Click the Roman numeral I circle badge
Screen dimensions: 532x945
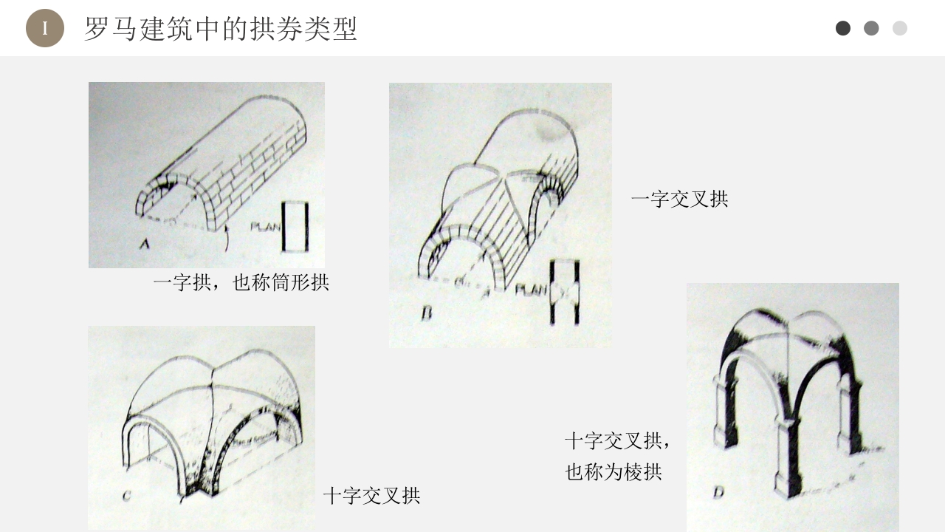click(x=44, y=29)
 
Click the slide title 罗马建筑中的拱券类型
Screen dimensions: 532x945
click(x=220, y=29)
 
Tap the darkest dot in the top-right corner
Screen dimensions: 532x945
click(x=842, y=28)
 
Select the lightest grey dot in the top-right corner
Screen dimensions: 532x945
click(x=899, y=28)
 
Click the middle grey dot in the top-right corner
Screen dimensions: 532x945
click(x=871, y=28)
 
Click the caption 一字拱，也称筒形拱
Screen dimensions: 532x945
click(x=241, y=282)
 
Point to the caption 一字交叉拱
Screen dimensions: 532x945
click(x=679, y=199)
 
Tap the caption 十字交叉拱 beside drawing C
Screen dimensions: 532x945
click(x=371, y=496)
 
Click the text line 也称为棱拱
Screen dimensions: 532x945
click(x=614, y=472)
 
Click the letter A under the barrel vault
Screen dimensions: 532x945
click(x=145, y=243)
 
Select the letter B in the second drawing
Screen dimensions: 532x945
click(x=426, y=314)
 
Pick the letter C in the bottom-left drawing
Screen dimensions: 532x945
click(x=126, y=495)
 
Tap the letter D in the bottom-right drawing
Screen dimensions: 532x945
click(x=718, y=493)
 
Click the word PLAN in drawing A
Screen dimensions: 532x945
click(x=266, y=227)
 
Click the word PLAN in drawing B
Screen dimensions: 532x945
click(x=531, y=290)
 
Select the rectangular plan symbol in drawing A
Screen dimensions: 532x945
click(x=295, y=226)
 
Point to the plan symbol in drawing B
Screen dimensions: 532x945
click(x=565, y=292)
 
